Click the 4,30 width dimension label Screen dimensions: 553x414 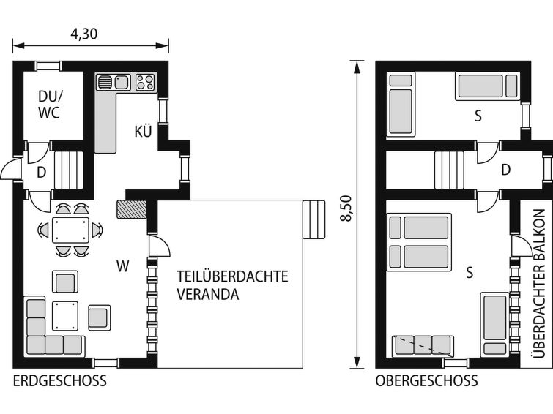coord(84,34)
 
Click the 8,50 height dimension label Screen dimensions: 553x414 coord(346,208)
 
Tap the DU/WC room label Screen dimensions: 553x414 coord(48,105)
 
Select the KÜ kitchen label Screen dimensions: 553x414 coord(143,131)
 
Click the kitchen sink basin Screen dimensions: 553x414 coord(122,82)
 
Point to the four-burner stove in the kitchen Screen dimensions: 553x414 coord(145,83)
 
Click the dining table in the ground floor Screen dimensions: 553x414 coord(70,230)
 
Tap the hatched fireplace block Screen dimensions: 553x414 coord(132,209)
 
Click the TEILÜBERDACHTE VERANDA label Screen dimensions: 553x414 coord(232,285)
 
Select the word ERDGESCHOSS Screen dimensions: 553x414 coord(59,381)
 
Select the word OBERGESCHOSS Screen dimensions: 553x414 coord(426,381)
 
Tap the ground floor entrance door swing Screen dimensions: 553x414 coord(10,169)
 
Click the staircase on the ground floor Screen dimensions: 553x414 coord(69,171)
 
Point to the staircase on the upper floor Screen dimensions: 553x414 coord(449,170)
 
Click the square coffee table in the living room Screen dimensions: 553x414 coord(65,316)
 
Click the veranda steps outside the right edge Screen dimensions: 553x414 coord(314,219)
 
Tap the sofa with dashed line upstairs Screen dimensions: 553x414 coord(423,345)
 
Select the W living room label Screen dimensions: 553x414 coord(123,266)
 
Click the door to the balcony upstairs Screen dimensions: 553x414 coord(522,246)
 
